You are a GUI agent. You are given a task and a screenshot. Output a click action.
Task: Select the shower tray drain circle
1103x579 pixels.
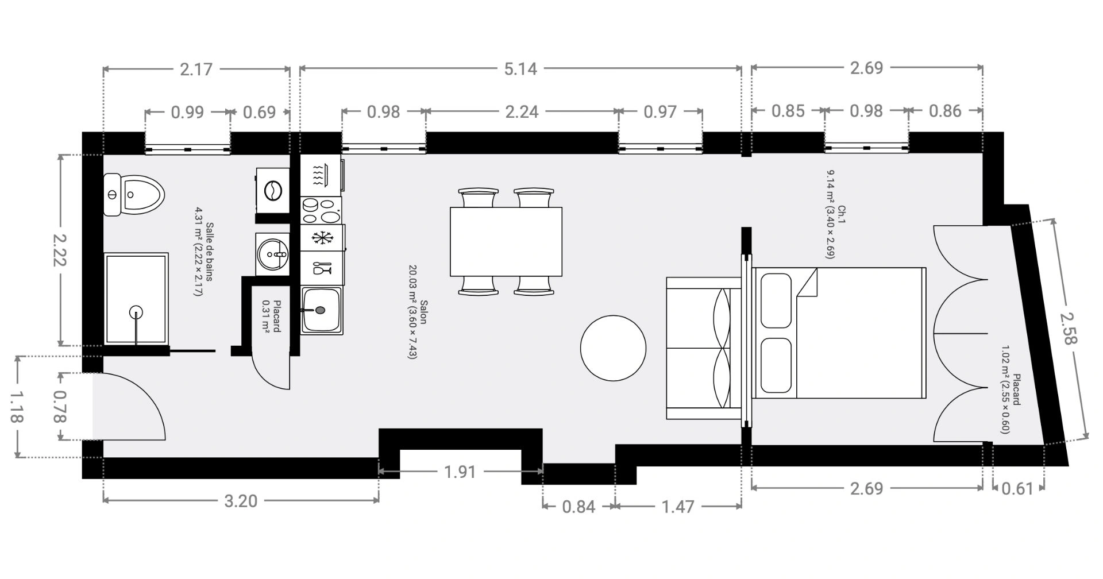pyautogui.click(x=137, y=312)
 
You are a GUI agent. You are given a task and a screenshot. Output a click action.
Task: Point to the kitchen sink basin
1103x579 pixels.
pyautogui.click(x=322, y=310)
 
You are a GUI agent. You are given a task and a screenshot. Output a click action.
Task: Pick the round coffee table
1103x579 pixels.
pyautogui.click(x=613, y=348)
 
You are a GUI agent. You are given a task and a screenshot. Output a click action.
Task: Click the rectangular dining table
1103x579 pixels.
pyautogui.click(x=506, y=242)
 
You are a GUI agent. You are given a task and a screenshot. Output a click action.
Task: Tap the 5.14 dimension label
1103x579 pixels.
pyautogui.click(x=520, y=69)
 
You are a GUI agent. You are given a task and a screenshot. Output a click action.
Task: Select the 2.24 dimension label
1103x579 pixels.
pyautogui.click(x=522, y=111)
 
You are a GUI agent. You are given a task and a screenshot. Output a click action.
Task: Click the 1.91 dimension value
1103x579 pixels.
pyautogui.click(x=460, y=472)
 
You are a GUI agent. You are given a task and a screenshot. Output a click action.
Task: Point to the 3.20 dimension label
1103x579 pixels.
pyautogui.click(x=240, y=501)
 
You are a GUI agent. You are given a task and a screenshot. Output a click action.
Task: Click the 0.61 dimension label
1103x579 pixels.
pyautogui.click(x=1017, y=489)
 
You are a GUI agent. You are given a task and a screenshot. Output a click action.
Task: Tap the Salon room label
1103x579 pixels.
pyautogui.click(x=424, y=312)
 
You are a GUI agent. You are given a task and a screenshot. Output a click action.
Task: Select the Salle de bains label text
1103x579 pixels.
pyautogui.click(x=210, y=252)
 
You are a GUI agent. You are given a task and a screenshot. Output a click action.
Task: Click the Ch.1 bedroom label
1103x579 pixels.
pyautogui.click(x=842, y=214)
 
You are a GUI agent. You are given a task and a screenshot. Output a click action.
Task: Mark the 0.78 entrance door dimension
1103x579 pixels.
pyautogui.click(x=60, y=407)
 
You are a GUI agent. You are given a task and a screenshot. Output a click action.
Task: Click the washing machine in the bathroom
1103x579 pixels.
pyautogui.click(x=273, y=191)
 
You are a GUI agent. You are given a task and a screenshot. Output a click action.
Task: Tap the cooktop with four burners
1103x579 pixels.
pyautogui.click(x=321, y=210)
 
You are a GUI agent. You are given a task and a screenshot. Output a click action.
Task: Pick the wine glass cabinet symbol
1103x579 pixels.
pyautogui.click(x=321, y=268)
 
